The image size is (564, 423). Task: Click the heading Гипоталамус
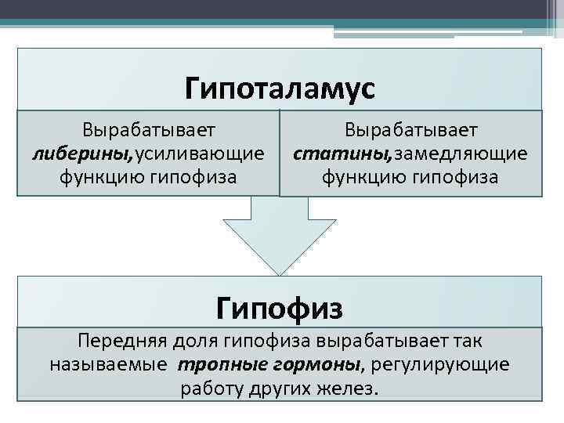tap(280, 88)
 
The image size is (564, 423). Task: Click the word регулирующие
tap(440, 364)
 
